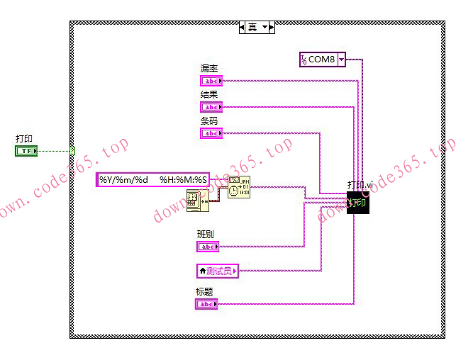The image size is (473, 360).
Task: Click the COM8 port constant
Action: tap(318, 60)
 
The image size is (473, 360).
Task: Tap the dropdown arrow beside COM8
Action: tap(341, 60)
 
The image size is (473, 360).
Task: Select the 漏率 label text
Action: tap(209, 69)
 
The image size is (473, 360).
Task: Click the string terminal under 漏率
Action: tap(211, 81)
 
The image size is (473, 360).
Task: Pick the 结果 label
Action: tap(209, 94)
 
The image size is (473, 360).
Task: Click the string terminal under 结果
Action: tap(211, 107)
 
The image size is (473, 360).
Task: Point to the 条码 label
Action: tap(209, 120)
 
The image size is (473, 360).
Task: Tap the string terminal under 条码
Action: tap(211, 133)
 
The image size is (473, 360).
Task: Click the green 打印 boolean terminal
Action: tap(27, 151)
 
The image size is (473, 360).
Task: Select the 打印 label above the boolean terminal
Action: tap(24, 139)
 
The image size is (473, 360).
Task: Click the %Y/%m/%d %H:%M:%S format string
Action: tap(153, 180)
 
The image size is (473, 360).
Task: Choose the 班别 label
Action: tap(205, 234)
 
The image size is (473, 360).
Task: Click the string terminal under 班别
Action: tap(208, 247)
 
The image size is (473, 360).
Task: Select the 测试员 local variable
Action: tap(218, 270)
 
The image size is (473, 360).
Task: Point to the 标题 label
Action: tap(204, 292)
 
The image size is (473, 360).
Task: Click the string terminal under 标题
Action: tap(206, 304)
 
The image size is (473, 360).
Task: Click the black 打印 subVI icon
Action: tap(358, 203)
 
